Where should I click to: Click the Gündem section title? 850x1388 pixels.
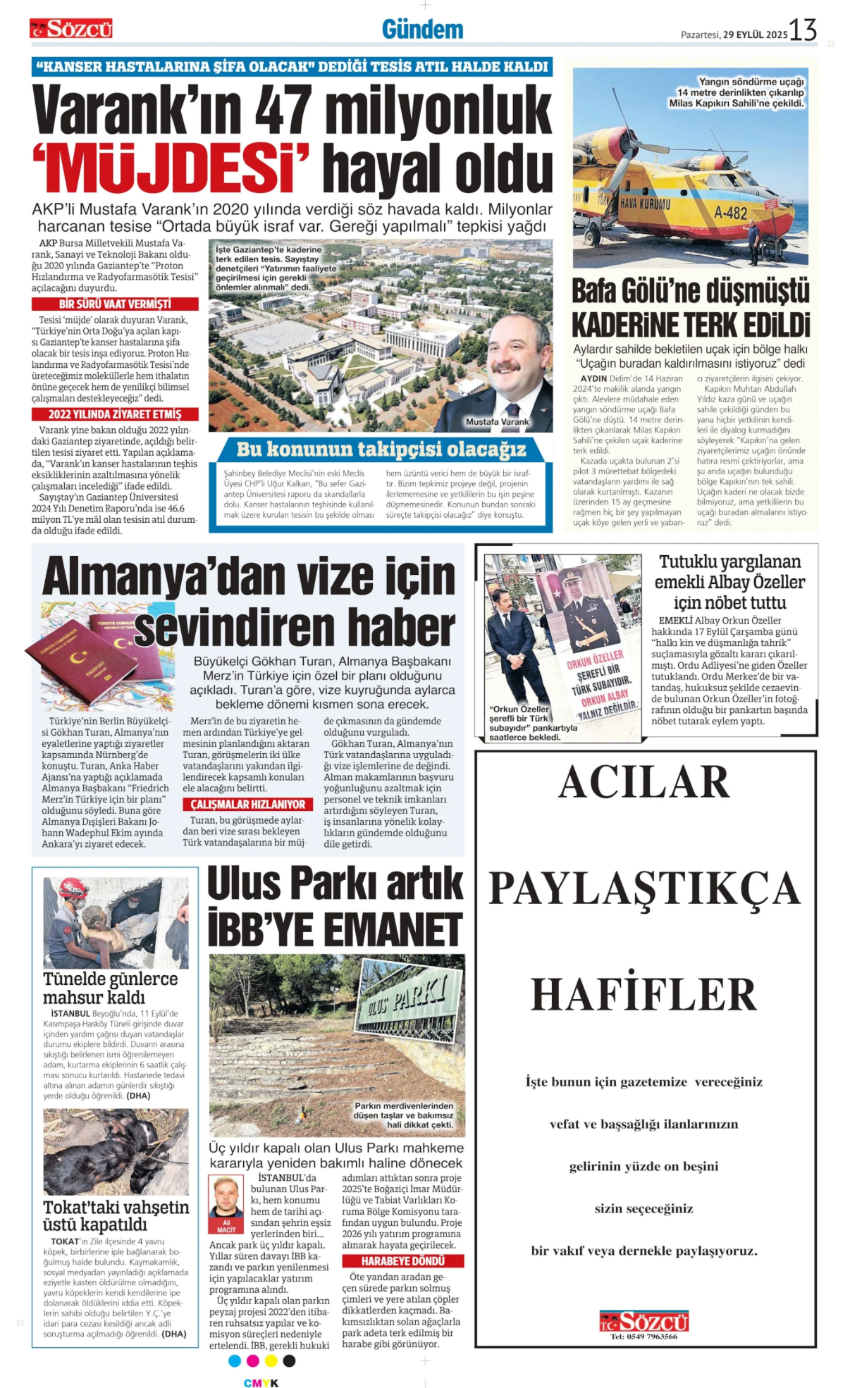pyautogui.click(x=423, y=30)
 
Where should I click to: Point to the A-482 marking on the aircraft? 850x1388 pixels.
pyautogui.click(x=730, y=212)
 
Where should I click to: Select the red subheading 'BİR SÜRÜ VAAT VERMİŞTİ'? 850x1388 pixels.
pyautogui.click(x=115, y=304)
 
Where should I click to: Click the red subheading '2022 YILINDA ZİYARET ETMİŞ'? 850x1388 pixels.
pyautogui.click(x=115, y=414)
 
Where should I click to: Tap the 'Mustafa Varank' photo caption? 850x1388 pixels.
pyautogui.click(x=497, y=422)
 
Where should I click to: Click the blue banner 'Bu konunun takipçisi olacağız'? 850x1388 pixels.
pyautogui.click(x=381, y=450)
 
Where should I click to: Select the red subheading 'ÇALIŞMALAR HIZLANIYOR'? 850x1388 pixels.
pyautogui.click(x=247, y=805)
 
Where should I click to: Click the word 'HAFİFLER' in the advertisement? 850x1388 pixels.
pyautogui.click(x=644, y=995)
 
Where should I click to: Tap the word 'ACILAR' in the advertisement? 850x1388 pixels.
pyautogui.click(x=644, y=782)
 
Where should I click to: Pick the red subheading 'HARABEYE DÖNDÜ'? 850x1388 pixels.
pyautogui.click(x=402, y=1261)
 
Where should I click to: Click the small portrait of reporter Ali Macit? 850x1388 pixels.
pyautogui.click(x=227, y=1197)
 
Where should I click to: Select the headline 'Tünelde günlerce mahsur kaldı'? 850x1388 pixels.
pyautogui.click(x=110, y=988)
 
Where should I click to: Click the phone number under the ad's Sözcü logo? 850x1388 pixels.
pyautogui.click(x=643, y=1337)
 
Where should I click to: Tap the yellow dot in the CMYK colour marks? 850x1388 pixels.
pyautogui.click(x=271, y=1361)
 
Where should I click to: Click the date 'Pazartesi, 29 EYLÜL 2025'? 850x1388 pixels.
pyautogui.click(x=734, y=35)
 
